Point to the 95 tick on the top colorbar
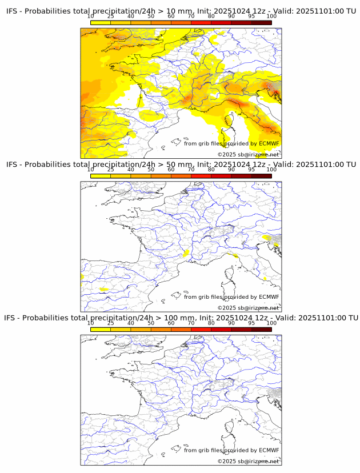click(x=251, y=16)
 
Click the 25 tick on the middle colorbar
click(x=111, y=170)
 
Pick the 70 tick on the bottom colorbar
click(x=191, y=323)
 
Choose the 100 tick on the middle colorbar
click(x=271, y=170)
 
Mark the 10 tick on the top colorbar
click(x=91, y=16)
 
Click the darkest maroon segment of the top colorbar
click(x=261, y=22)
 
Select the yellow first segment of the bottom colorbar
click(x=101, y=329)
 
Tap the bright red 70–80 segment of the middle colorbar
click(x=201, y=176)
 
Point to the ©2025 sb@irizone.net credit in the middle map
click(x=248, y=308)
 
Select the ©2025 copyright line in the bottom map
click(x=248, y=461)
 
